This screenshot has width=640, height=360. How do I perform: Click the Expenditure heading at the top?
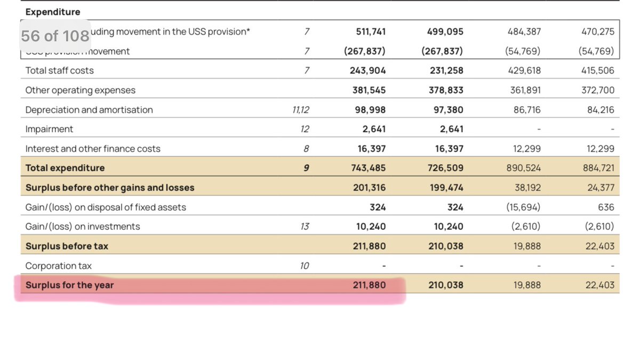(53, 12)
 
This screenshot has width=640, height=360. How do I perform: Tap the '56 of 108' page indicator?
(55, 36)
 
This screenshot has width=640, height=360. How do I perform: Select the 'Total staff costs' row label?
(59, 70)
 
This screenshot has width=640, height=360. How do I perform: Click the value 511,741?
(371, 31)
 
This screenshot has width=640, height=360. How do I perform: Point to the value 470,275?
(597, 31)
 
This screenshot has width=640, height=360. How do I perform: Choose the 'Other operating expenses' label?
(80, 90)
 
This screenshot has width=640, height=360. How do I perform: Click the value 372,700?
(597, 90)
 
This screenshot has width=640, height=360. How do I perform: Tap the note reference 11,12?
(301, 110)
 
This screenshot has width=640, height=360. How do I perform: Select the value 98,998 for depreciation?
(371, 110)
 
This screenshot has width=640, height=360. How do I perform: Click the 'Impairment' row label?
(49, 129)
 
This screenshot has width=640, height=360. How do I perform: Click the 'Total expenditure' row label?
(65, 168)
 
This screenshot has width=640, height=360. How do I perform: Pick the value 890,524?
(524, 168)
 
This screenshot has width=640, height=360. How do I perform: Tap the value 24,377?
(599, 188)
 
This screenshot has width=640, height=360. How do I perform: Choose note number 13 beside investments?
(305, 227)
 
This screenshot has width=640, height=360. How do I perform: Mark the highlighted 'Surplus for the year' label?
(69, 285)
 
